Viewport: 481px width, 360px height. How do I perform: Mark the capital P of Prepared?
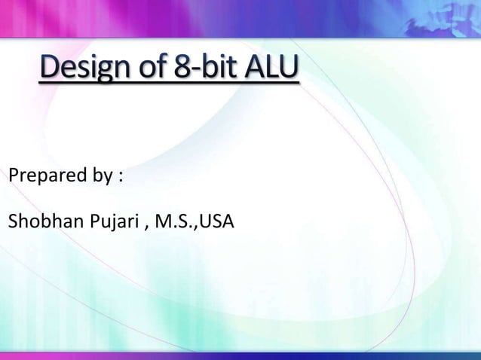[12, 178]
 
